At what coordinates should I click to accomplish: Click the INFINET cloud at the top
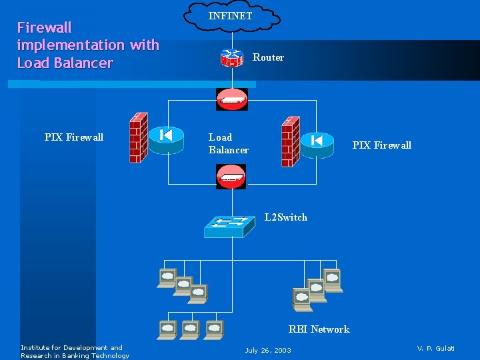(231, 16)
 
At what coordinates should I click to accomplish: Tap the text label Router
(268, 57)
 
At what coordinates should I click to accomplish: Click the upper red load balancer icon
(231, 99)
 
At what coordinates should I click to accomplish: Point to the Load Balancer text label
(229, 143)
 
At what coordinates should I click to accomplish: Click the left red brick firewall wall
(138, 137)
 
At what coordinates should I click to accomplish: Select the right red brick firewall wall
(290, 141)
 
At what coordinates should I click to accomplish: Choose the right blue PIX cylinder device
(317, 143)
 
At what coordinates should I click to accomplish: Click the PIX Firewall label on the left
(74, 137)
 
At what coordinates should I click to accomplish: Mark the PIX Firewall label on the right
(381, 145)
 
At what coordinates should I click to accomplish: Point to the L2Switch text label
(285, 217)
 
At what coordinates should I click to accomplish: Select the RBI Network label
(319, 329)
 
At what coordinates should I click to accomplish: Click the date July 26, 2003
(268, 350)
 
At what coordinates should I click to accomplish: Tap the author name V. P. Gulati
(435, 348)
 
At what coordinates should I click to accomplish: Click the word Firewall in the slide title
(44, 27)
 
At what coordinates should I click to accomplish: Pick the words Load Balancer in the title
(65, 63)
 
